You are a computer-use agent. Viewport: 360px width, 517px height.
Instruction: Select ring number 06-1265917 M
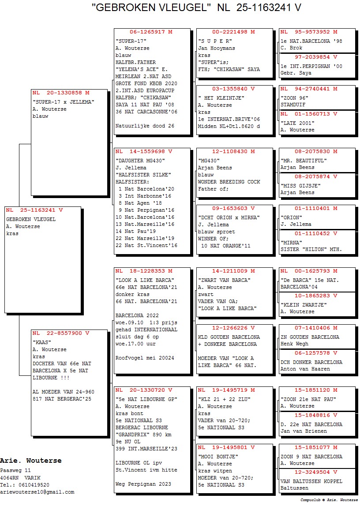click(x=151, y=32)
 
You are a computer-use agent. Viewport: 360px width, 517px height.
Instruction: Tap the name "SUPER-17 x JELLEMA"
click(x=64, y=102)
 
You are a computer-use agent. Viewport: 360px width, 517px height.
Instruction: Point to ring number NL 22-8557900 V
click(x=61, y=333)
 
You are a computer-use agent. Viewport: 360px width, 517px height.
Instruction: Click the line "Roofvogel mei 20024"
click(x=145, y=358)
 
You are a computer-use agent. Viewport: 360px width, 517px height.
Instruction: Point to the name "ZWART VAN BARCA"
click(x=225, y=280)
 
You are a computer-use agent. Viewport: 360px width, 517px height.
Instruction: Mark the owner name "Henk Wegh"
click(x=296, y=344)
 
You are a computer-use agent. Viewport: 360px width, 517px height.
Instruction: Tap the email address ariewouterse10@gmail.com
click(x=37, y=492)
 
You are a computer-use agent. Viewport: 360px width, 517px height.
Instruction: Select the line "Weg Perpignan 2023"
click(x=143, y=484)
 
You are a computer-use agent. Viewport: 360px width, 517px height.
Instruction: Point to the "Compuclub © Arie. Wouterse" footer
click(x=329, y=500)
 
